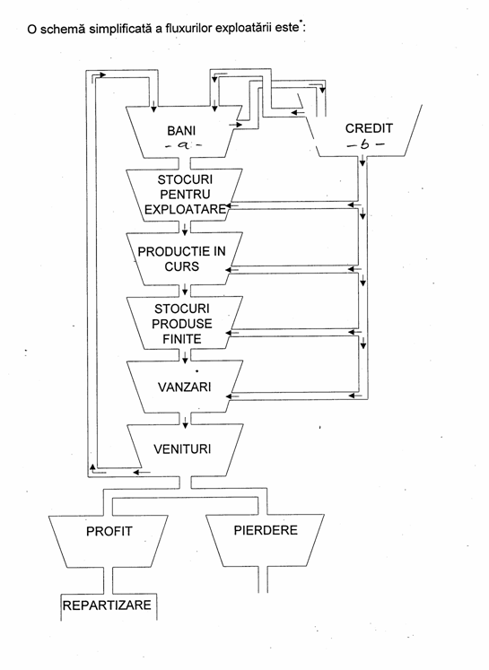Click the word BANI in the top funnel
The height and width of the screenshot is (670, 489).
point(181,130)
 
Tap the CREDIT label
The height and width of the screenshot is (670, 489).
point(369,128)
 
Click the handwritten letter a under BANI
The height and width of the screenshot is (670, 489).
point(183,145)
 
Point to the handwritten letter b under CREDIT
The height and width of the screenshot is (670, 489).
point(365,145)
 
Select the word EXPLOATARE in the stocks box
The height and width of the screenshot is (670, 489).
point(185,209)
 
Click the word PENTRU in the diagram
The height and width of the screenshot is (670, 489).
point(185,195)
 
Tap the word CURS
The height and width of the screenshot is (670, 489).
point(181,266)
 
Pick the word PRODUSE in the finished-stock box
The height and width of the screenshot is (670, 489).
point(181,324)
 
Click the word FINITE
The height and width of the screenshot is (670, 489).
point(181,339)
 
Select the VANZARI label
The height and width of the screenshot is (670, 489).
point(184,387)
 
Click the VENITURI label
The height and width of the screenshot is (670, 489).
point(182,449)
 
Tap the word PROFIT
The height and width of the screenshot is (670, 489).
point(109,531)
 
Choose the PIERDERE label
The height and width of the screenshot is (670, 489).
point(266,530)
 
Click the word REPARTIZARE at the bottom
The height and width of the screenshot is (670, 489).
point(107,605)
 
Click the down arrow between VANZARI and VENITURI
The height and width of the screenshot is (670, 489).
point(185,422)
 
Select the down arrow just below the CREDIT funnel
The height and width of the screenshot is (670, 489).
point(362,161)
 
